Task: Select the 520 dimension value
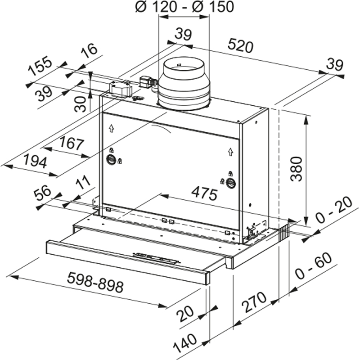click(240, 46)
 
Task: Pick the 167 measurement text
click(71, 144)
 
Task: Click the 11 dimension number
click(82, 184)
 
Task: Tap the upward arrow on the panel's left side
click(111, 128)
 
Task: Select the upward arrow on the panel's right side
click(230, 152)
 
